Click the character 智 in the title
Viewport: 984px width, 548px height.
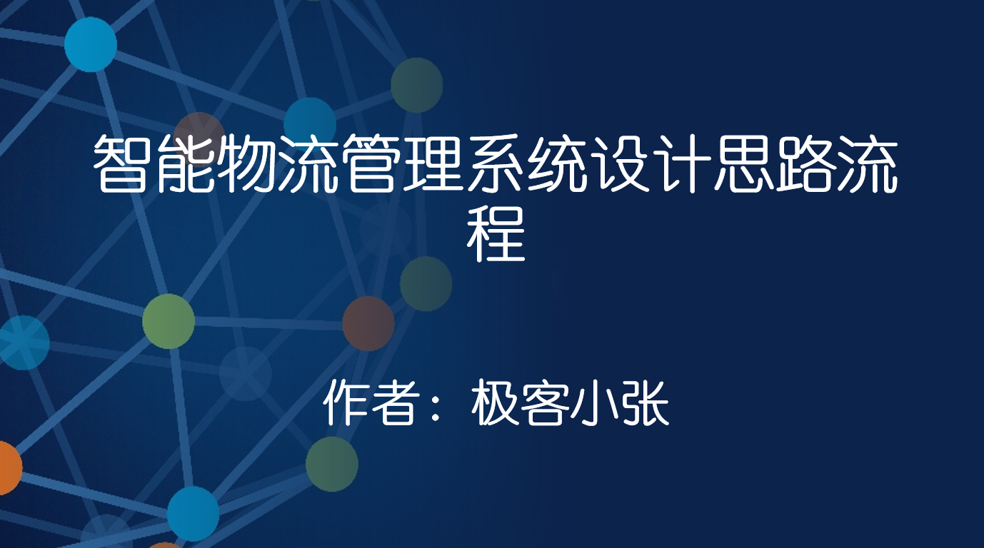click(123, 166)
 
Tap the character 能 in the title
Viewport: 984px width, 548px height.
click(185, 166)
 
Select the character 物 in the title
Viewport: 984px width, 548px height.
click(247, 166)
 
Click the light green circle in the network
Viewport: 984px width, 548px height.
click(169, 321)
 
